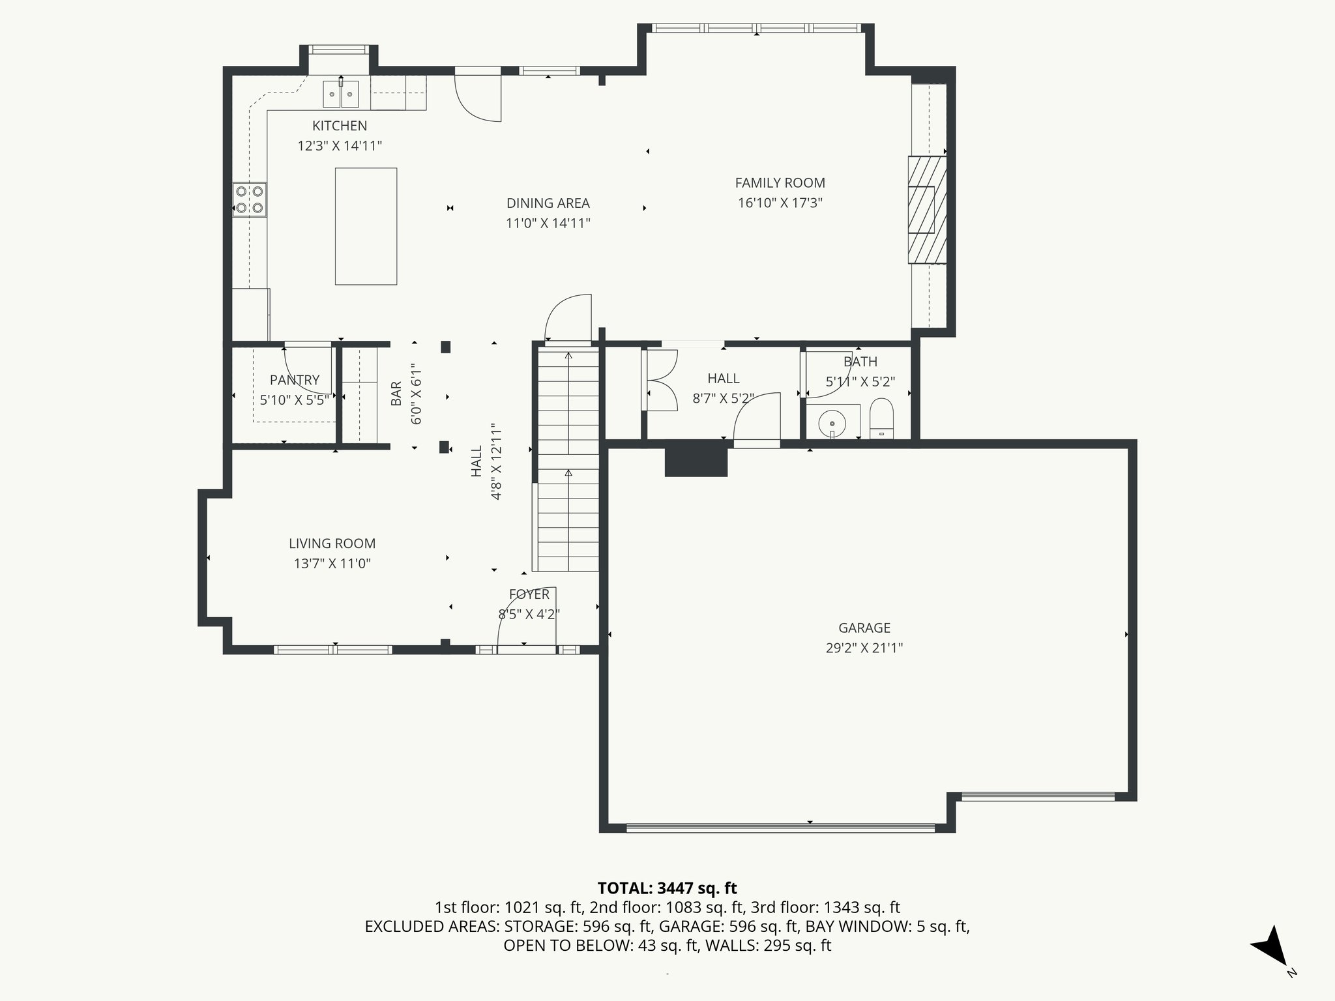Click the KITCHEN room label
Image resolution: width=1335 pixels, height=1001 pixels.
pyautogui.click(x=339, y=126)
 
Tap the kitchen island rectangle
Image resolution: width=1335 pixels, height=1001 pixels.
pyautogui.click(x=366, y=226)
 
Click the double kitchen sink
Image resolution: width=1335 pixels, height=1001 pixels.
pyautogui.click(x=342, y=94)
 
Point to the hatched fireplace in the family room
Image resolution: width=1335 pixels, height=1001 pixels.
pyautogui.click(x=927, y=209)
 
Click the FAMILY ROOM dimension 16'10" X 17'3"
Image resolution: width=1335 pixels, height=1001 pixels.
pyautogui.click(x=780, y=203)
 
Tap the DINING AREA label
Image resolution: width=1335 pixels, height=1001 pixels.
pyautogui.click(x=548, y=203)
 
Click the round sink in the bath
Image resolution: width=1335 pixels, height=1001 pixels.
pyautogui.click(x=832, y=422)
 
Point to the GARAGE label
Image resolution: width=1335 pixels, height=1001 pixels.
pyautogui.click(x=864, y=628)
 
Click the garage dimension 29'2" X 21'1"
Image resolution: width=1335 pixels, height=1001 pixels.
pyautogui.click(x=864, y=648)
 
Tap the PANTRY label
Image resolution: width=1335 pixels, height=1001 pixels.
pyautogui.click(x=295, y=380)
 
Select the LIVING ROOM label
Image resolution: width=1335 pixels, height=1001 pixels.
pyautogui.click(x=332, y=544)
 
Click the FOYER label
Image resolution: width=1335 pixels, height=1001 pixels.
pyautogui.click(x=529, y=594)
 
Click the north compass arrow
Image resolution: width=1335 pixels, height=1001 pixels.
pyautogui.click(x=1272, y=947)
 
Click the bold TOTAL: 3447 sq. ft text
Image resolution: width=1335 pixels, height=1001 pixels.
pyautogui.click(x=667, y=888)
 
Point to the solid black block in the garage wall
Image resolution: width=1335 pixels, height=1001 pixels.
pyautogui.click(x=696, y=461)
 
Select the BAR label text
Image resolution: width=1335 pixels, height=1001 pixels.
pyautogui.click(x=396, y=394)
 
